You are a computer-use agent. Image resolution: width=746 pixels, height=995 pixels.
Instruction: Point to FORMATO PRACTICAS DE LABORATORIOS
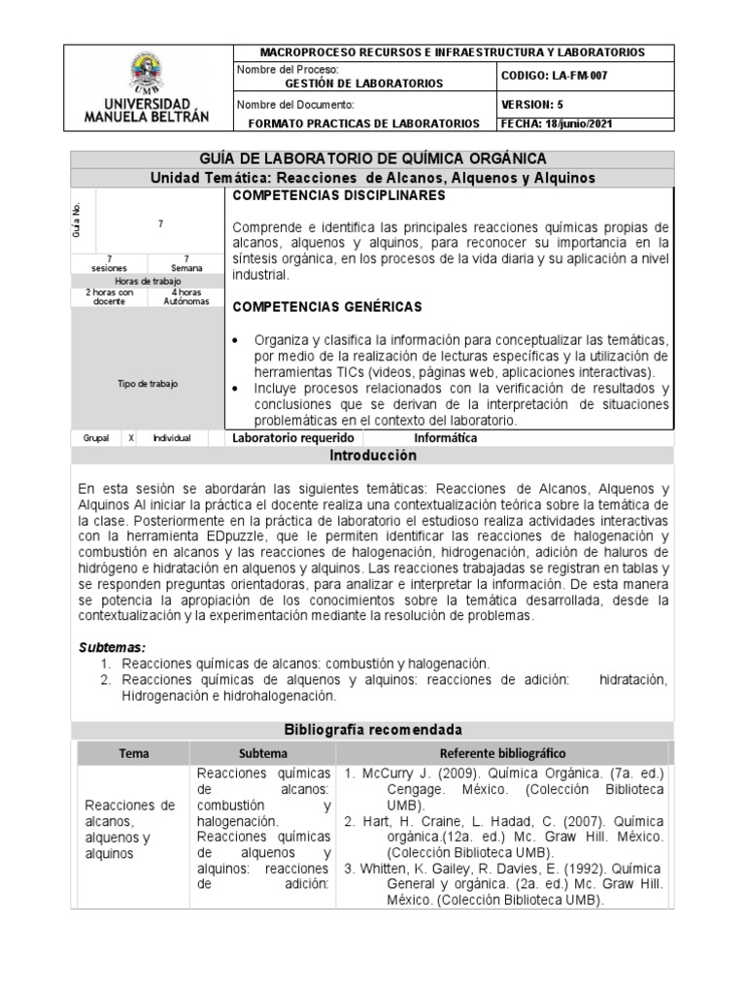pos(364,123)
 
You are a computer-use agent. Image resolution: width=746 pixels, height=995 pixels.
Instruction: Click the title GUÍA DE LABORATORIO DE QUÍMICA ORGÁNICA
pos(372,158)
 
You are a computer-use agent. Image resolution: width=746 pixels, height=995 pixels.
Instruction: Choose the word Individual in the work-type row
pos(172,438)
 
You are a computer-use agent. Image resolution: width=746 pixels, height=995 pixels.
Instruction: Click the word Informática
pos(445,438)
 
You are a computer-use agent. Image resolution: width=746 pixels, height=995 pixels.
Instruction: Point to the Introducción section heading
pos(372,455)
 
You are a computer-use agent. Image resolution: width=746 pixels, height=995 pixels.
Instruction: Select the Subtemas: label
pos(112,647)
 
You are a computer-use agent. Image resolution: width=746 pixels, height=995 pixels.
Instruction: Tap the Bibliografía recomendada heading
pos(372,730)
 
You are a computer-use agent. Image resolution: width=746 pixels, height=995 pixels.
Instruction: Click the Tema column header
pos(133,753)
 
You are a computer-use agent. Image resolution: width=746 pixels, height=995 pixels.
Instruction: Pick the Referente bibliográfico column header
pos(503,753)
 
